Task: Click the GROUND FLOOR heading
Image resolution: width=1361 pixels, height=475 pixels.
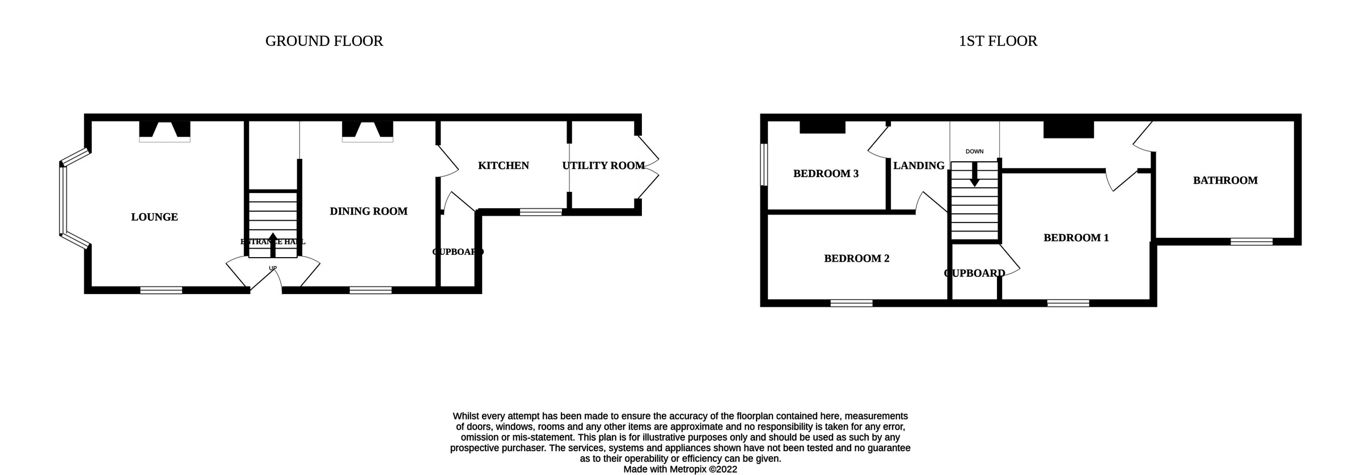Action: click(x=324, y=41)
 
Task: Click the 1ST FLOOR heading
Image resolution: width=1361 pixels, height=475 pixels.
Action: click(x=997, y=41)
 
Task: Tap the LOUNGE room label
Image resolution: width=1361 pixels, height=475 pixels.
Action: click(x=154, y=217)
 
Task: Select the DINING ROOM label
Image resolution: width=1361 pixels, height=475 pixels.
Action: click(x=369, y=211)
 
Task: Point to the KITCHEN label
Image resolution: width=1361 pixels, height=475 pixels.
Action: click(x=503, y=165)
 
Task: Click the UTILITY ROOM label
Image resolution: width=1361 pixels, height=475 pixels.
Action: click(x=603, y=165)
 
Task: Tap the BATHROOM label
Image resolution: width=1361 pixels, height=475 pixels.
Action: click(x=1225, y=180)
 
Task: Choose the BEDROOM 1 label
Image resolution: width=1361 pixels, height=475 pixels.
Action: click(x=1076, y=238)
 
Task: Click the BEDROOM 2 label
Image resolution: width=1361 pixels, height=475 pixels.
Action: click(x=856, y=258)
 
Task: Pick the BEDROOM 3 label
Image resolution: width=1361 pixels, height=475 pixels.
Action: click(x=826, y=174)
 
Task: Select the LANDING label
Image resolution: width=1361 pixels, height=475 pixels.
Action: click(x=919, y=165)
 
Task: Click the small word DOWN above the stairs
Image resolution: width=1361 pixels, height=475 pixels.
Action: click(x=974, y=152)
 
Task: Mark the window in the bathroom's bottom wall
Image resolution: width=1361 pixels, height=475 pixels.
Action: click(x=1251, y=242)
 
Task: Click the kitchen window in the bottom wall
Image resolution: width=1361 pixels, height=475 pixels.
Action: click(x=540, y=212)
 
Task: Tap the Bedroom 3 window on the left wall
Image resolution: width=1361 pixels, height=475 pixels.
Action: click(x=764, y=165)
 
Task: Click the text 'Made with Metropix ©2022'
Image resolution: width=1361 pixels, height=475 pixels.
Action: click(x=680, y=469)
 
